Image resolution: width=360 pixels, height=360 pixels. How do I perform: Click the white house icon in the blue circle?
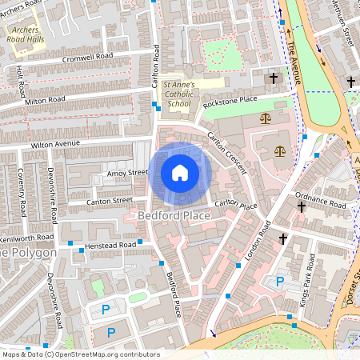point(180,173)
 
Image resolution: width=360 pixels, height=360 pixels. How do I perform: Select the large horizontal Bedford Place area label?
point(174,216)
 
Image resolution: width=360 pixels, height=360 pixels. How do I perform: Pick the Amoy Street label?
point(127,172)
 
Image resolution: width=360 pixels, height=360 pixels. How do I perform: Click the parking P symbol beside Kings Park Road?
point(280,282)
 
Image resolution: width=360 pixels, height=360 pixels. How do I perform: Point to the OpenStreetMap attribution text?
point(80,354)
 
